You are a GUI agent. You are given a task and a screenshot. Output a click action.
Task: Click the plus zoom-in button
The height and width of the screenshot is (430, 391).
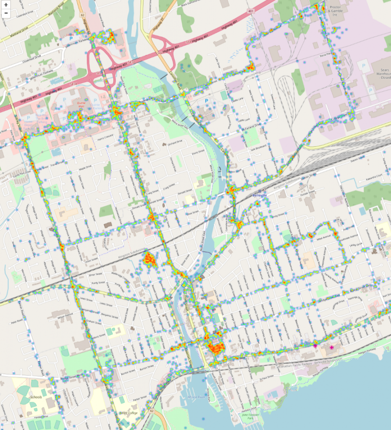(x=6, y=5)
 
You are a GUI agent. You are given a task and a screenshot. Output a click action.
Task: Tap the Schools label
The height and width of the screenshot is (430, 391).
(x=36, y=396)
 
